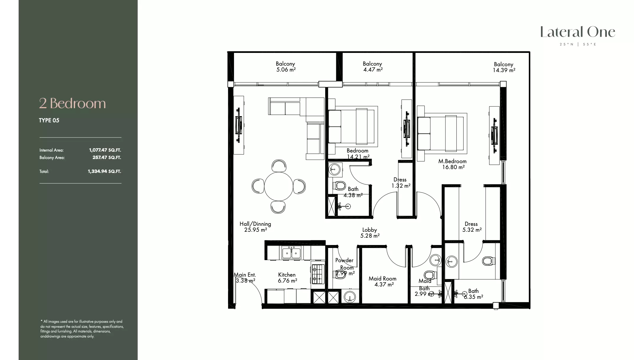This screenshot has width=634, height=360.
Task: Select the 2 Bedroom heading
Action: tap(72, 103)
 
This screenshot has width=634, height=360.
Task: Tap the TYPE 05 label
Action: tap(49, 120)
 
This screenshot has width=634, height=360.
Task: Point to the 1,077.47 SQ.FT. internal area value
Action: tap(105, 150)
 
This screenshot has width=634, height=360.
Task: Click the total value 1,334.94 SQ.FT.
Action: tap(104, 171)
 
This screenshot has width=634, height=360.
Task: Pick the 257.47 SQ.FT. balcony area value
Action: tap(107, 158)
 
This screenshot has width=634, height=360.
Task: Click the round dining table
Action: tap(278, 187)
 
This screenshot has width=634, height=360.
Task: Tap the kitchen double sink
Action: tap(291, 253)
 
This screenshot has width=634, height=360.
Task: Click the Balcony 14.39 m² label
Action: tap(504, 67)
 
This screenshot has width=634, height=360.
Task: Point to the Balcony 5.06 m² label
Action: tap(285, 67)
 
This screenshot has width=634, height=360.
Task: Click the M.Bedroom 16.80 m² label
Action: tap(452, 164)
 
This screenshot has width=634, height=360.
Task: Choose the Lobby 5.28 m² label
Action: tap(370, 233)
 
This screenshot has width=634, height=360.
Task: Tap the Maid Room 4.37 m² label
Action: tap(383, 281)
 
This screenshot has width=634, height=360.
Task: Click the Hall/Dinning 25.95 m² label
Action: tap(255, 227)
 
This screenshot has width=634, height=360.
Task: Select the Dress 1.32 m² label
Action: tap(400, 183)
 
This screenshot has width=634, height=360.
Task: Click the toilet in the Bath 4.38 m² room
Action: tap(340, 186)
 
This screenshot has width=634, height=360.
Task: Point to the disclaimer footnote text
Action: tap(82, 329)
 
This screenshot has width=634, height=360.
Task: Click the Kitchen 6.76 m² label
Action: tap(287, 278)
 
